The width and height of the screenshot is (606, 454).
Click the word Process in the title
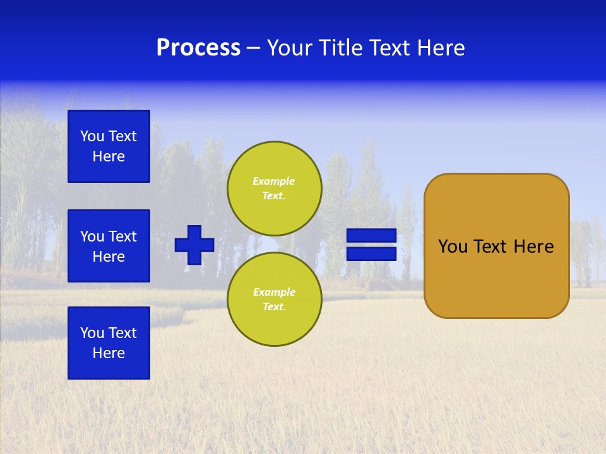[198, 48]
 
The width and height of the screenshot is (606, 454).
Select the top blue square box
[109, 146]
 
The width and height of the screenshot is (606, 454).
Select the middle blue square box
[109, 246]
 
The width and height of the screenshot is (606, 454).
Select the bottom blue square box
[109, 343]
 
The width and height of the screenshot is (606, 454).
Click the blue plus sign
[194, 245]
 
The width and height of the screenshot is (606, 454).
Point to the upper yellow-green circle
[274, 189]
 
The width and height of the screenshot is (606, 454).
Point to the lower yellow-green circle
[274, 299]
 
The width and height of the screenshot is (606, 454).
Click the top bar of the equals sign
[371, 235]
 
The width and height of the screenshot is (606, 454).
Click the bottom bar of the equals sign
[371, 253]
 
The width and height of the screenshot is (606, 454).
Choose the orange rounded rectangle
[496, 277]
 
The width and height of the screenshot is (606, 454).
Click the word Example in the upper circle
[274, 181]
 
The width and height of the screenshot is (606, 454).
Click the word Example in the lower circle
[274, 292]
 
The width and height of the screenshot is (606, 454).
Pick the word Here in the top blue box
[109, 156]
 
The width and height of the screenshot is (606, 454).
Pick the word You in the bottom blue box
[92, 333]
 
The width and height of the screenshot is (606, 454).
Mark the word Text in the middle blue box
[122, 236]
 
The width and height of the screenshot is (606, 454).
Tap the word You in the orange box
[452, 247]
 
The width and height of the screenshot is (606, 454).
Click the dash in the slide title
[253, 48]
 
